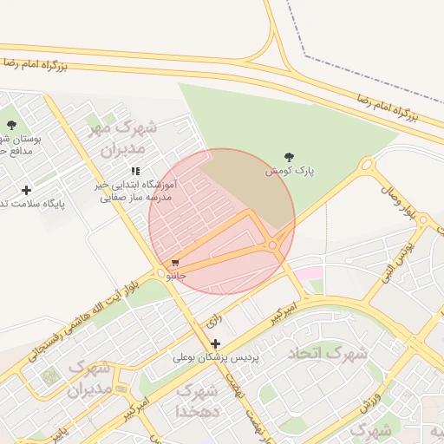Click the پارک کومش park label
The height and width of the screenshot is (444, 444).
tap(290, 172)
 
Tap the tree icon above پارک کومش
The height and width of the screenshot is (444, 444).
tap(289, 157)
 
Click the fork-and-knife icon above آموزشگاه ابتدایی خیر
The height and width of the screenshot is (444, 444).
tap(134, 172)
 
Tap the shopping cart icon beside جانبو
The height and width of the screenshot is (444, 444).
tap(175, 263)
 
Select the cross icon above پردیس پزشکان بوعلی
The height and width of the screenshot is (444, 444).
tap(215, 343)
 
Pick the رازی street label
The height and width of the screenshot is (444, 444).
tap(214, 321)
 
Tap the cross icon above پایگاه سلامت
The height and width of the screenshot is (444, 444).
tap(26, 190)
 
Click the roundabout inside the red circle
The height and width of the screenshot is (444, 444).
tap(274, 246)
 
